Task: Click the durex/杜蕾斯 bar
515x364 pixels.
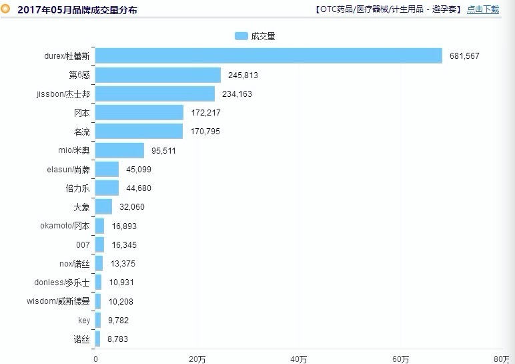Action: pos(269,56)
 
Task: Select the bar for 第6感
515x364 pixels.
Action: pos(158,75)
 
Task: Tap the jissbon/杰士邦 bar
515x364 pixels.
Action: pos(155,94)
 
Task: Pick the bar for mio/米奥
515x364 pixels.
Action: pos(120,150)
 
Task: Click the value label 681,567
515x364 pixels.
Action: pos(464,56)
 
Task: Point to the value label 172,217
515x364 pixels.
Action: pos(205,113)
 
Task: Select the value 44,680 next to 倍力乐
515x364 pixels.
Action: pos(139,188)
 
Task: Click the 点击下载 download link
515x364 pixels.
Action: pos(483,9)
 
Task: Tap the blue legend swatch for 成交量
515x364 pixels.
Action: pos(241,36)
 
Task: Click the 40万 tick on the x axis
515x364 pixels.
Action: pos(299,359)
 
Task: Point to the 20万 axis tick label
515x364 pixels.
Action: pos(197,359)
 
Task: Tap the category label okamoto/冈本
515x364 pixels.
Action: pos(65,226)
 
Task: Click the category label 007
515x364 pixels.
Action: pos(83,245)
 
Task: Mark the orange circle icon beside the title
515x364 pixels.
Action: pos(6,9)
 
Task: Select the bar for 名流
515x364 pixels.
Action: pos(139,132)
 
